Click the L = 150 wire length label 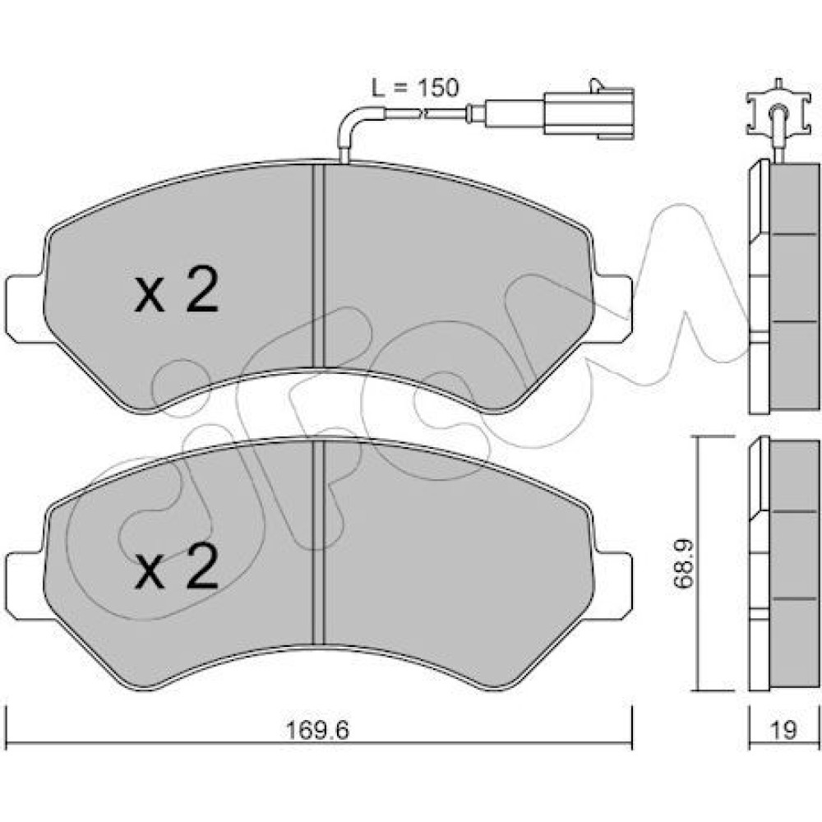pos(414,88)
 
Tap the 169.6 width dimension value pos(317,730)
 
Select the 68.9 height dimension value pos(683,566)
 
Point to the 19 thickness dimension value pos(784,730)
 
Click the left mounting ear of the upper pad pos(24,309)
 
